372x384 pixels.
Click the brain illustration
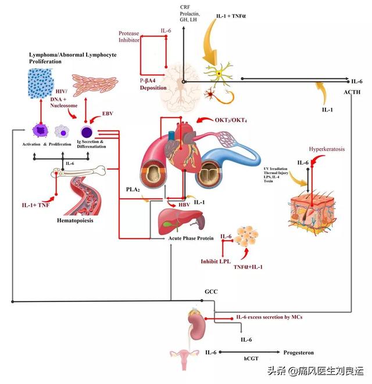(x=183, y=84)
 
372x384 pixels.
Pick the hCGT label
(x=252, y=360)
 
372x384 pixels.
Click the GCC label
(x=210, y=291)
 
